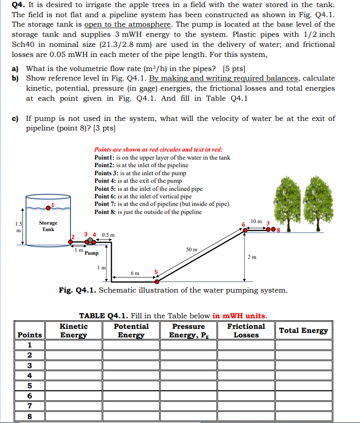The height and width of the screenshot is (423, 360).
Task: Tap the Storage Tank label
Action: point(48,226)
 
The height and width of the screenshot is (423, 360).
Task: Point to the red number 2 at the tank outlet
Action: point(72,237)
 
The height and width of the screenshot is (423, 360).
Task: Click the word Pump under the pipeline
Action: point(92,253)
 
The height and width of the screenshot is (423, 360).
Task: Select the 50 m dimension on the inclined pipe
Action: point(192,249)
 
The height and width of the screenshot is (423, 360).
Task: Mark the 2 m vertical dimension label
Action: point(252,257)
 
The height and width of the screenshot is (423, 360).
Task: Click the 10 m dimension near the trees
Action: point(256,222)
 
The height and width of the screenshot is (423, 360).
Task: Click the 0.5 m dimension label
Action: point(108,235)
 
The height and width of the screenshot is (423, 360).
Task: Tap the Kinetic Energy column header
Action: point(74,330)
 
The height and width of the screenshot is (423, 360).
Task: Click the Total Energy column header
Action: point(304,330)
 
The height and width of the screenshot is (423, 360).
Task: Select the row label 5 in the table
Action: point(29,385)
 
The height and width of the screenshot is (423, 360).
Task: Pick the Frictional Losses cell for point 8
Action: point(246,416)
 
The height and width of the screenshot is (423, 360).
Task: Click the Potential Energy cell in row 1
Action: point(131,345)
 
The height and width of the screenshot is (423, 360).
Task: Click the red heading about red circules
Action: point(159,150)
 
